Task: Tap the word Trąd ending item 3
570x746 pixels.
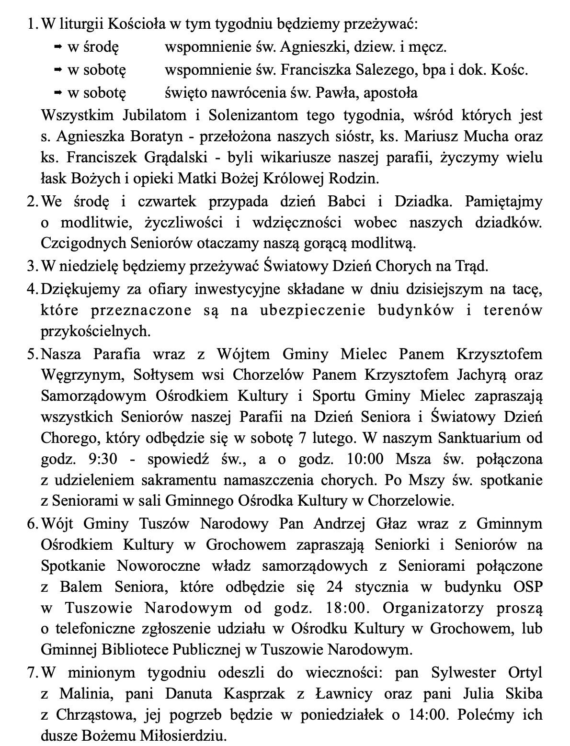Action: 471,266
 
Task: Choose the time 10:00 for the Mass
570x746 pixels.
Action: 365,459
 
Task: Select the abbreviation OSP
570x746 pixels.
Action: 528,587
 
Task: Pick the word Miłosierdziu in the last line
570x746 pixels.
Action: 186,735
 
